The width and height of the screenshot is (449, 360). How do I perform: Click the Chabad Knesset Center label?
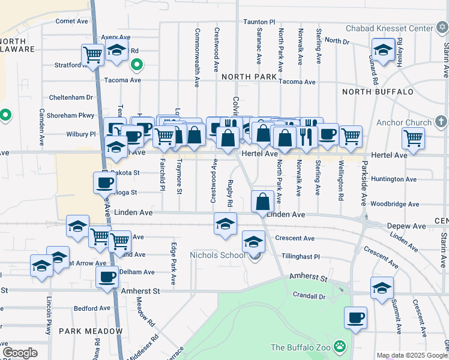click(x=391, y=28)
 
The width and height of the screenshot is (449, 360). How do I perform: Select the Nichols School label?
click(x=217, y=256)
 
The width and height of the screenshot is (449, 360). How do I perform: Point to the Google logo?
click(x=20, y=353)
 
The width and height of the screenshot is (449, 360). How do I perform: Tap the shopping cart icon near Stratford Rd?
click(x=92, y=55)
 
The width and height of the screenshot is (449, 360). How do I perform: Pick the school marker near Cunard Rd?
click(x=382, y=50)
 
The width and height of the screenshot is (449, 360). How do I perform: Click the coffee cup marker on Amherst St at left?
click(x=107, y=277)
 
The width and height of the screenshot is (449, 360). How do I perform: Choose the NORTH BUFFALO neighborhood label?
click(x=378, y=92)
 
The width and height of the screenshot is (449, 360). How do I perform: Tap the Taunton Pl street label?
click(x=259, y=21)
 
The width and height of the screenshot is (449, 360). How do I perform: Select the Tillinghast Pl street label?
click(x=300, y=256)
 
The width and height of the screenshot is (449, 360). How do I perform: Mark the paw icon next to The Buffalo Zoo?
click(x=340, y=347)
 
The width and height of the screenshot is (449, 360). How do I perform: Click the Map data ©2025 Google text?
click(x=411, y=355)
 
